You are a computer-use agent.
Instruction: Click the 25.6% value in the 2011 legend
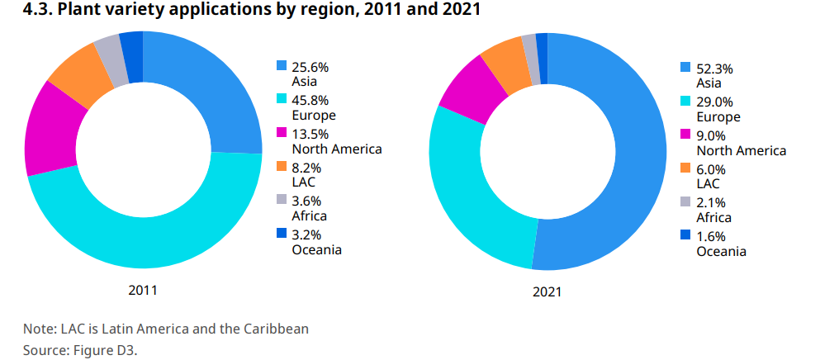pyautogui.click(x=310, y=67)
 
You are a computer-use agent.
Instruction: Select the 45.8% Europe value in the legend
pyautogui.click(x=310, y=101)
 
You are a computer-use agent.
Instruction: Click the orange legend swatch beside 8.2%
pyautogui.click(x=282, y=168)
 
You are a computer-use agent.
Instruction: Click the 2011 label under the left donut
pyautogui.click(x=143, y=291)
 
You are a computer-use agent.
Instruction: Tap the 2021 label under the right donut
pyautogui.click(x=547, y=292)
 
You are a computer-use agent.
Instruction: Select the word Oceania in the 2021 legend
pyautogui.click(x=722, y=251)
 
